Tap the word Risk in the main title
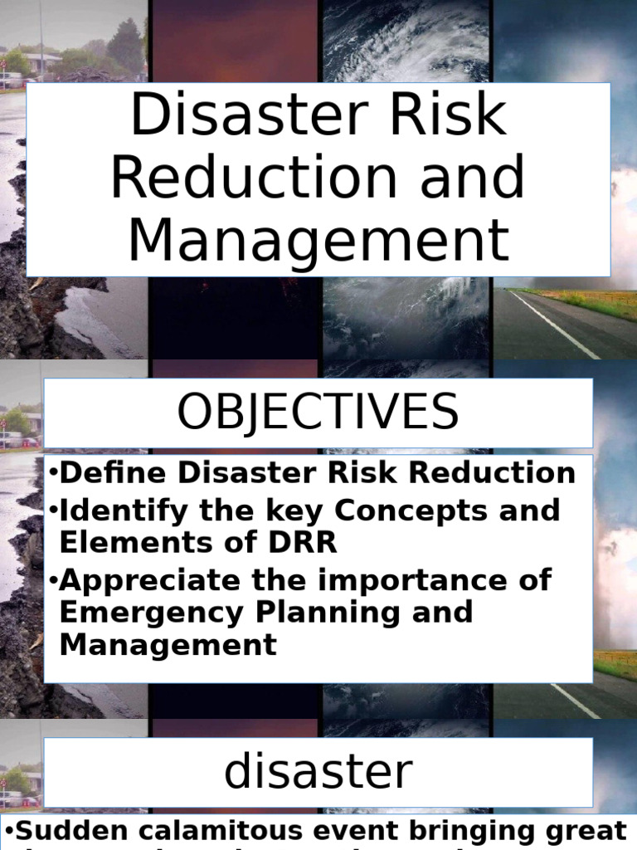448,116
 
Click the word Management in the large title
318,239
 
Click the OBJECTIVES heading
318,413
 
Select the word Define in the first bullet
108,473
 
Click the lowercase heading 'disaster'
318,772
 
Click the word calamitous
224,831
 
